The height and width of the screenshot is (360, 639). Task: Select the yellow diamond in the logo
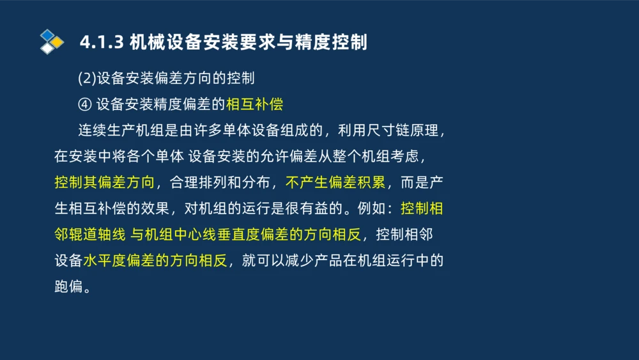pos(57,42)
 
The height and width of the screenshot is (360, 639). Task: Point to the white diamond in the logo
pos(47,49)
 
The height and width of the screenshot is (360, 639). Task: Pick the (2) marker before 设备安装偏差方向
pos(87,79)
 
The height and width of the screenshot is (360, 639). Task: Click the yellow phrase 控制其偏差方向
pos(105,183)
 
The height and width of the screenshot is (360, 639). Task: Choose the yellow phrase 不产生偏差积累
pos(335,183)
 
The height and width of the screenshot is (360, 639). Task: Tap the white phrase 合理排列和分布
pos(221,183)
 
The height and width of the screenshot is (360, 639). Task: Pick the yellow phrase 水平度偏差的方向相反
pos(155,261)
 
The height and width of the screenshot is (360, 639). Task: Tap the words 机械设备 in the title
pos(157,42)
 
